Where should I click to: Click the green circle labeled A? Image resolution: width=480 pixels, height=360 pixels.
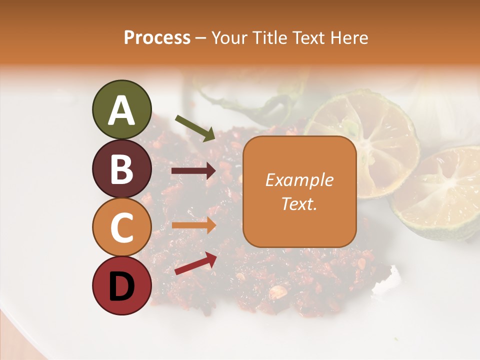(121, 109)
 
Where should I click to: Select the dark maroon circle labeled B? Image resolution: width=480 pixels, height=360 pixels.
(121, 168)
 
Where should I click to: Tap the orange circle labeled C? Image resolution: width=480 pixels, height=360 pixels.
(121, 227)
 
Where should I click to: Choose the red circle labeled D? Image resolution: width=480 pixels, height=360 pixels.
(121, 286)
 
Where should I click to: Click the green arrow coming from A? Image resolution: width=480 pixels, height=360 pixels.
(195, 127)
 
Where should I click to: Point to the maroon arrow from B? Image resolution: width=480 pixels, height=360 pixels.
(193, 171)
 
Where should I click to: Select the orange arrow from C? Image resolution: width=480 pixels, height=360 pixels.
(193, 225)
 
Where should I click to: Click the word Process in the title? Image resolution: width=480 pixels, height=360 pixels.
(157, 37)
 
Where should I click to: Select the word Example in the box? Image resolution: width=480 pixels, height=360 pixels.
(299, 180)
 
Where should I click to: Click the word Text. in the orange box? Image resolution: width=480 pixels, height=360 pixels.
(299, 204)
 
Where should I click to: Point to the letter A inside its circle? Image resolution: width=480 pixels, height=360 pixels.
(121, 110)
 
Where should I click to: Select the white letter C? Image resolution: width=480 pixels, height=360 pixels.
(121, 228)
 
